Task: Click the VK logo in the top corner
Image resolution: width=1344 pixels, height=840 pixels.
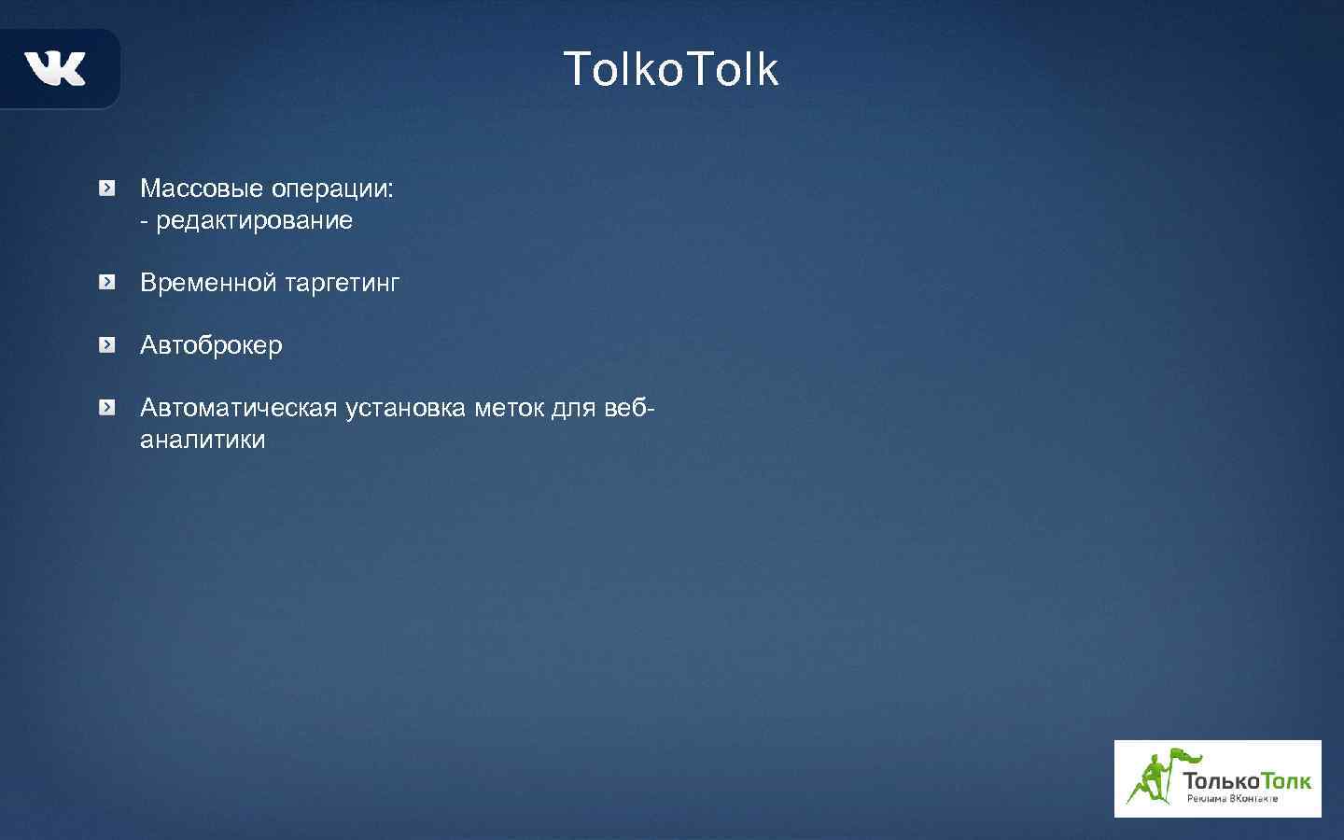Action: (55, 68)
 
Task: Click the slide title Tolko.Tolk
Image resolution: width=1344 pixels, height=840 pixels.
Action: (670, 69)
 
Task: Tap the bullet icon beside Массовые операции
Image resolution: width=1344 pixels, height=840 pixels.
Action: (108, 189)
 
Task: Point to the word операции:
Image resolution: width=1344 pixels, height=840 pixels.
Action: (332, 189)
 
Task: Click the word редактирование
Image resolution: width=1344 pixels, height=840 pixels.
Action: (254, 221)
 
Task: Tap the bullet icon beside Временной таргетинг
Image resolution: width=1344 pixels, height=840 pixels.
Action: (108, 282)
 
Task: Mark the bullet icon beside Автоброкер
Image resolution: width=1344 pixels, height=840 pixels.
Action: (108, 345)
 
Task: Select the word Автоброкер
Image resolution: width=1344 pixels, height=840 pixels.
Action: (211, 345)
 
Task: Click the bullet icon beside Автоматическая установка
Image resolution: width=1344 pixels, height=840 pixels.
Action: (108, 408)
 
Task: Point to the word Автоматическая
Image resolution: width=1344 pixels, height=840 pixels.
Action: (238, 408)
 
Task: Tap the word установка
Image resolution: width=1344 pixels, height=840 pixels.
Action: (405, 408)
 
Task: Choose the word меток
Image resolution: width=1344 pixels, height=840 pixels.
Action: (509, 408)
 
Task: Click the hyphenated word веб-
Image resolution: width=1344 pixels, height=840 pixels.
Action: (630, 408)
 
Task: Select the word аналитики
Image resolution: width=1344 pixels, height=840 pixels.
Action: (203, 440)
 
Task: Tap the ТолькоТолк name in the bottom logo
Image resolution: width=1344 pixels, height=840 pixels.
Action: (1246, 780)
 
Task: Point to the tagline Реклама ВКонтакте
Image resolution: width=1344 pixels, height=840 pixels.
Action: (1232, 799)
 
